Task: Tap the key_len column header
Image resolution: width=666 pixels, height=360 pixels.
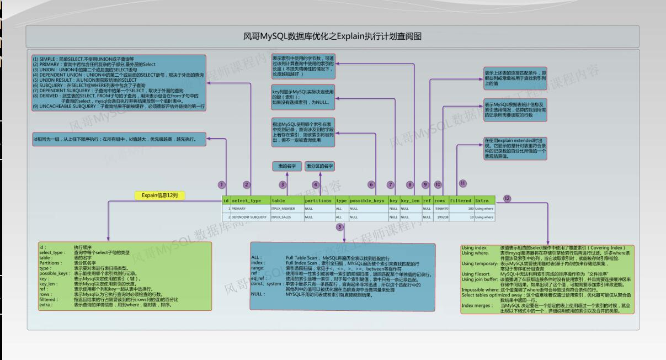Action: point(411,200)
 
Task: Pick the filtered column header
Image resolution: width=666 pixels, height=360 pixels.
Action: point(460,200)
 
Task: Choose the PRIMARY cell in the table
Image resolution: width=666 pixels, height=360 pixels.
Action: point(238,209)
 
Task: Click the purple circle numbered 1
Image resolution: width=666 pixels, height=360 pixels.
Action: point(222,184)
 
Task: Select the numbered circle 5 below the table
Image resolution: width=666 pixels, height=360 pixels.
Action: point(340,227)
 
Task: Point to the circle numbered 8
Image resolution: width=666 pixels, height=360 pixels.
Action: point(410,184)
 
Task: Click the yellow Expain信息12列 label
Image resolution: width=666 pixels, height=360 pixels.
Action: point(159,195)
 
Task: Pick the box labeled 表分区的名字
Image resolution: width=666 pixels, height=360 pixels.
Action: point(321,166)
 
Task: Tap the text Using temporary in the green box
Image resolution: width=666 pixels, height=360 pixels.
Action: point(479,264)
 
